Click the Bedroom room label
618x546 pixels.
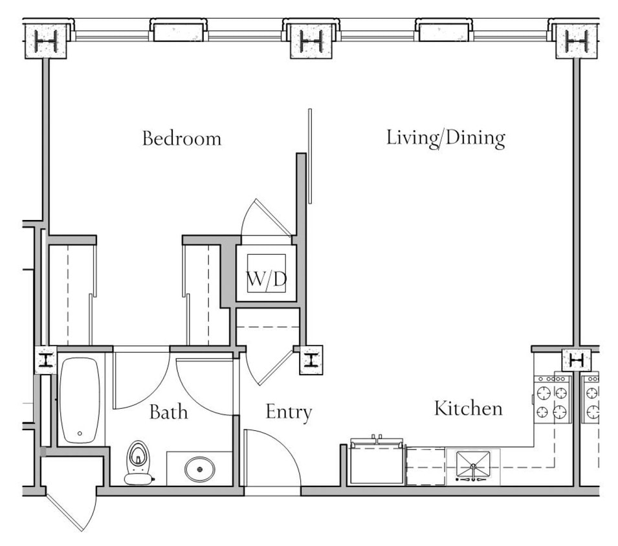click(182, 138)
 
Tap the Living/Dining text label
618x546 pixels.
click(445, 138)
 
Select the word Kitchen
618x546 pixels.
click(468, 408)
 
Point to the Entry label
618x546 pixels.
click(289, 412)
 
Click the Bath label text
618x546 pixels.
click(168, 411)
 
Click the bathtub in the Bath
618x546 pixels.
click(80, 399)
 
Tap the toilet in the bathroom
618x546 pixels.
click(137, 463)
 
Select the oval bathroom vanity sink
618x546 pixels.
click(200, 468)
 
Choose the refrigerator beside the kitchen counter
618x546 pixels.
click(377, 463)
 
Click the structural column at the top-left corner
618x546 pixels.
click(46, 42)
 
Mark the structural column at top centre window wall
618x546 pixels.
click(311, 42)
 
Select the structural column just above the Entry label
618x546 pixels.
click(310, 360)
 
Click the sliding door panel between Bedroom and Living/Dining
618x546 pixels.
click(310, 156)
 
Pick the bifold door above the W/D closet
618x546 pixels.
click(267, 218)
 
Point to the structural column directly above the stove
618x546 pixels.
click(576, 359)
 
